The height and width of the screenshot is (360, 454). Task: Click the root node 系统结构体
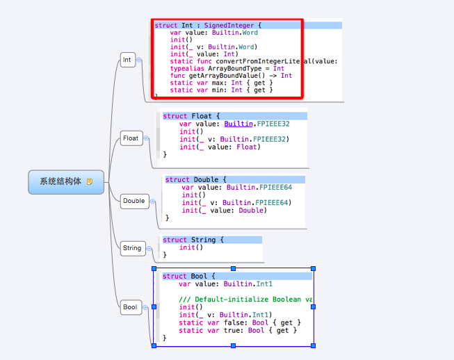[x=60, y=181]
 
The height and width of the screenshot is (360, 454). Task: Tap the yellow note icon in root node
[x=90, y=181]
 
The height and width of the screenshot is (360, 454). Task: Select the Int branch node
[x=127, y=60]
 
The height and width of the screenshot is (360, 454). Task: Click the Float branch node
[x=131, y=138]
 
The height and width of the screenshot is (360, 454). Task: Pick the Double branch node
[x=133, y=201]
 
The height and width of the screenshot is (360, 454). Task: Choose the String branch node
[x=131, y=248]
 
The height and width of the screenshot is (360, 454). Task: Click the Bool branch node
[x=130, y=307]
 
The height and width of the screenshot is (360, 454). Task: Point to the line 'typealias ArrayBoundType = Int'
[x=227, y=68]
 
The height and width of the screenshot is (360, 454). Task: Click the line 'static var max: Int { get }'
[x=221, y=83]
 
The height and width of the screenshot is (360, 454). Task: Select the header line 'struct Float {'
[x=191, y=116]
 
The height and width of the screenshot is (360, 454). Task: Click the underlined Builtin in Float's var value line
[x=238, y=124]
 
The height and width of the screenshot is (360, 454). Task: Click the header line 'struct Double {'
[x=196, y=179]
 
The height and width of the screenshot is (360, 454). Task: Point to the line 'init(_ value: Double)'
[x=224, y=210]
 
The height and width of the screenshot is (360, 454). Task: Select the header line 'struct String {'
[x=193, y=240]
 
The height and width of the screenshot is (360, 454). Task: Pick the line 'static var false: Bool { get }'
[x=239, y=322]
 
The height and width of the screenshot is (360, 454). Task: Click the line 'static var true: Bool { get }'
[x=237, y=330]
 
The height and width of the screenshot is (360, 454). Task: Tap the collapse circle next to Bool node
[x=147, y=307]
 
